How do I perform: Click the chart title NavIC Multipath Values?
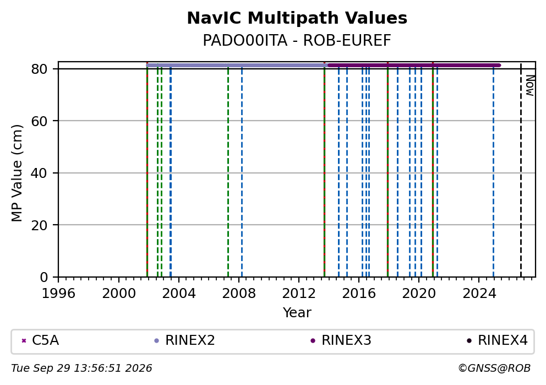(x=297, y=18)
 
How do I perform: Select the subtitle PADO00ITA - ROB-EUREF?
(x=297, y=40)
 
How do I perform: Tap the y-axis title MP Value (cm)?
(x=17, y=173)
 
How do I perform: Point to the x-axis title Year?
(x=297, y=312)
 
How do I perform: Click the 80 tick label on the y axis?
(x=39, y=69)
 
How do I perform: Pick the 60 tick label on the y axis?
(x=39, y=121)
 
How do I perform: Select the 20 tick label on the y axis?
(x=39, y=225)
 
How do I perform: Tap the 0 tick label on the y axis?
(x=43, y=278)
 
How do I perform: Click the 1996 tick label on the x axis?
(x=58, y=294)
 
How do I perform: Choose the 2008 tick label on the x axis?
(x=239, y=294)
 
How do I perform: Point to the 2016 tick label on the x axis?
(x=359, y=294)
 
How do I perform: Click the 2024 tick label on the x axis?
(x=479, y=294)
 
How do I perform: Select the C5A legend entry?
(x=41, y=340)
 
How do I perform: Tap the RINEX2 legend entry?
(x=185, y=340)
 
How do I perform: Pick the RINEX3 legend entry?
(x=341, y=340)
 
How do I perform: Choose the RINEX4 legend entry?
(x=498, y=340)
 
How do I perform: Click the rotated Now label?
(x=529, y=85)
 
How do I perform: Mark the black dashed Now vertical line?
(x=521, y=171)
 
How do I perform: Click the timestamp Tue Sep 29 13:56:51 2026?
(x=81, y=368)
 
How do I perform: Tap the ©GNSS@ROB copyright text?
(x=494, y=368)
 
